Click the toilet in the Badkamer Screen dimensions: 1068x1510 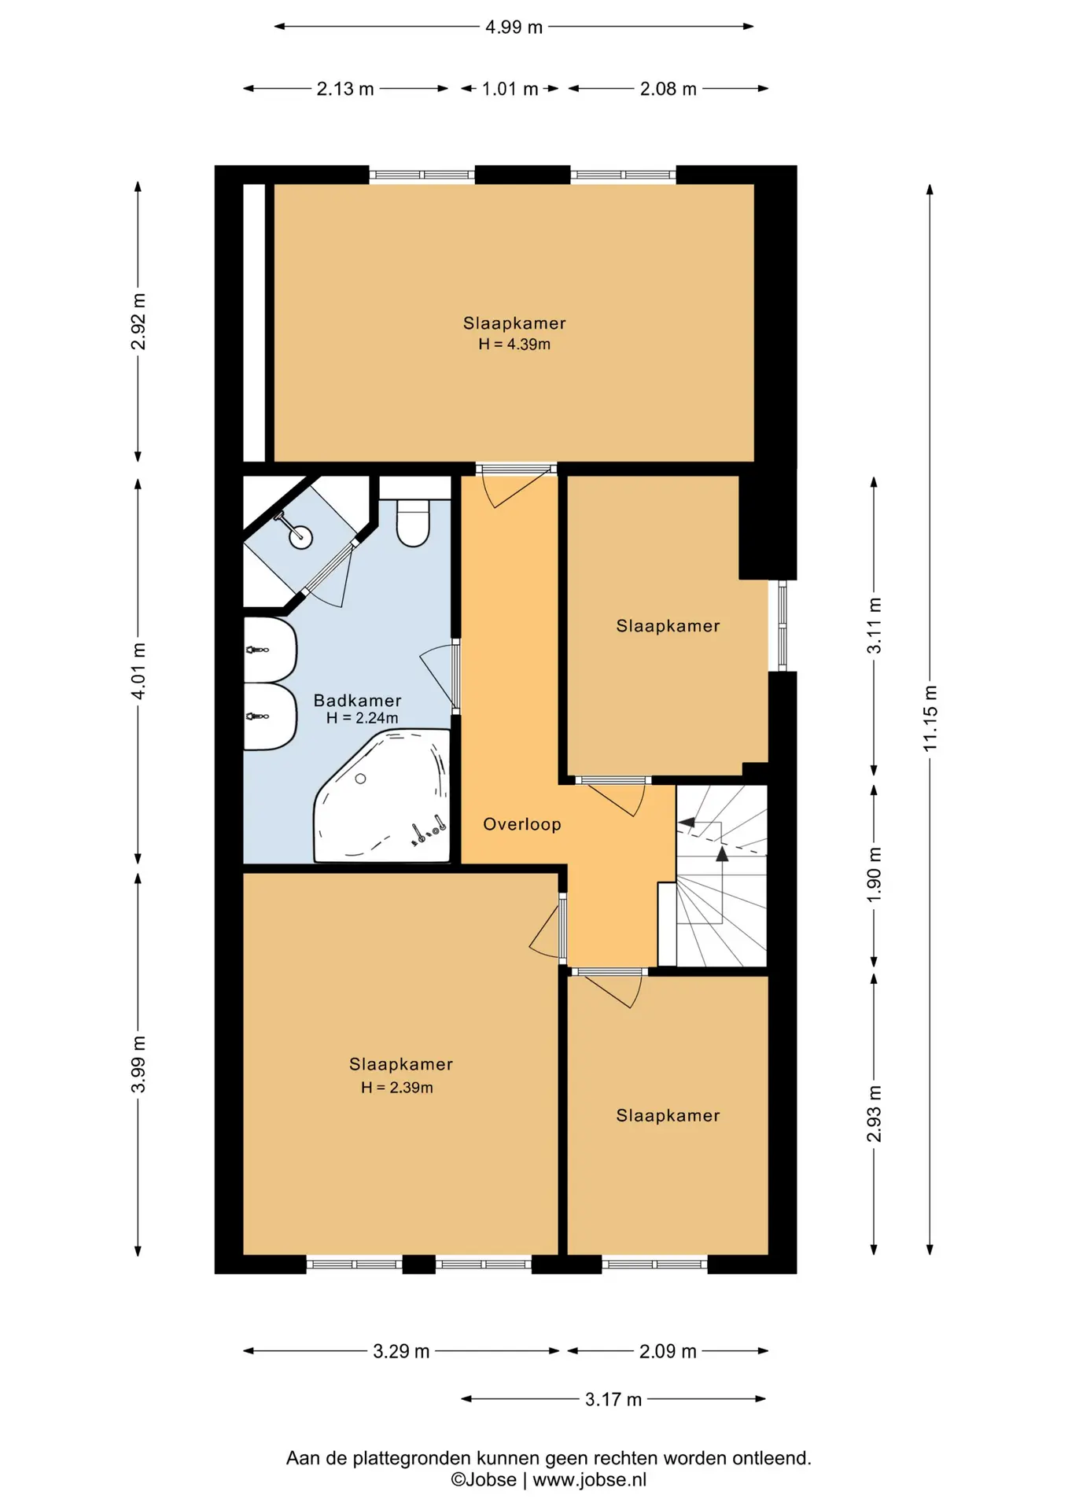413,522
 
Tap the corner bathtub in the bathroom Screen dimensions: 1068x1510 383,796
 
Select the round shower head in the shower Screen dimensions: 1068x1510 300,537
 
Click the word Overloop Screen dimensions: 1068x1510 522,824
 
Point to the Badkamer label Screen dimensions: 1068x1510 358,700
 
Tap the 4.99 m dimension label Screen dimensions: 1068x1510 514,27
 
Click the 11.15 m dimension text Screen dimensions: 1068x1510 930,718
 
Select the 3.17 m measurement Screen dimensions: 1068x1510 613,1399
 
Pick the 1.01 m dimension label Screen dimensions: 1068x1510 510,89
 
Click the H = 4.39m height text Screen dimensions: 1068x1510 514,344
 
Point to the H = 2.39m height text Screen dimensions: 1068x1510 397,1088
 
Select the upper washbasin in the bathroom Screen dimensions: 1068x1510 270,650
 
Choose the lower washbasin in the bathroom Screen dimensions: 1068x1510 270,716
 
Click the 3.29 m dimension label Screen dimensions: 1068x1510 401,1351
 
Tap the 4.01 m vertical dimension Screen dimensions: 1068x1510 138,671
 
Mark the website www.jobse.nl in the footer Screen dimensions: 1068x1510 590,1479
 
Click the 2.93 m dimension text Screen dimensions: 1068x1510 875,1114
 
